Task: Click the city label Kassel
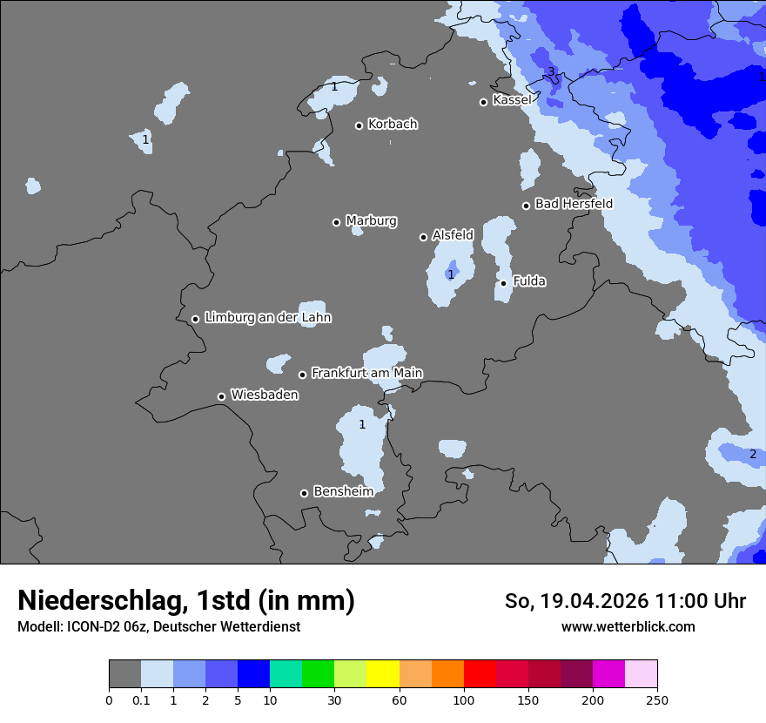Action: point(511,100)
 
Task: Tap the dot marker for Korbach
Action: point(359,125)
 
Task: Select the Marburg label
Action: point(371,220)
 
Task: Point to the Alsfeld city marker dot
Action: point(423,237)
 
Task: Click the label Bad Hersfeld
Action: point(574,204)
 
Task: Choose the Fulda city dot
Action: point(503,283)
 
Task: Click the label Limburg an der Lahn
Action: point(267,318)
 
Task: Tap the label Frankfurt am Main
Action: point(366,373)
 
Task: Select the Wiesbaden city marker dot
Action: point(221,396)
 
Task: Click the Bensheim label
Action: point(343,491)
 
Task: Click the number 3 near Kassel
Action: point(550,72)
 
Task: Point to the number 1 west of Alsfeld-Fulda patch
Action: point(450,274)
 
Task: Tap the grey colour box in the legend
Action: point(124,674)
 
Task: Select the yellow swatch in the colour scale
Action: point(383,674)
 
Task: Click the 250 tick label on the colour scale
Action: point(657,699)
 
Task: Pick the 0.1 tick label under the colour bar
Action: point(141,699)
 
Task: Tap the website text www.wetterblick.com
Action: point(628,626)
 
